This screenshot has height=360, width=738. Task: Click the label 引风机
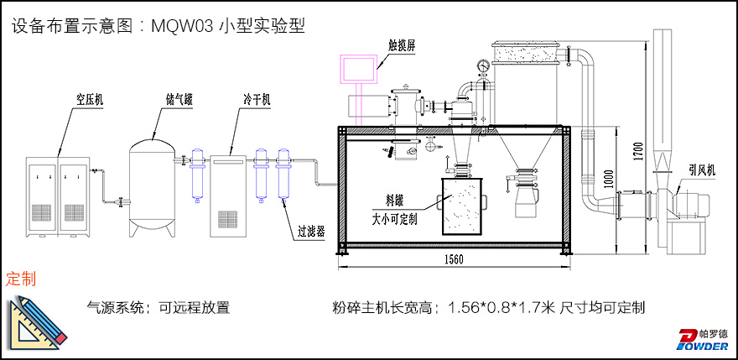701,170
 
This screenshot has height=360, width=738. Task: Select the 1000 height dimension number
610,180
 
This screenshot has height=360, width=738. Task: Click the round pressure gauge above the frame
482,65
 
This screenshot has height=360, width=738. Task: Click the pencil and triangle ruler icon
37,321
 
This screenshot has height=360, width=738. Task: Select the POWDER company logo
703,338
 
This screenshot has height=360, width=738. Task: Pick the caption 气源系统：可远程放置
158,308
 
